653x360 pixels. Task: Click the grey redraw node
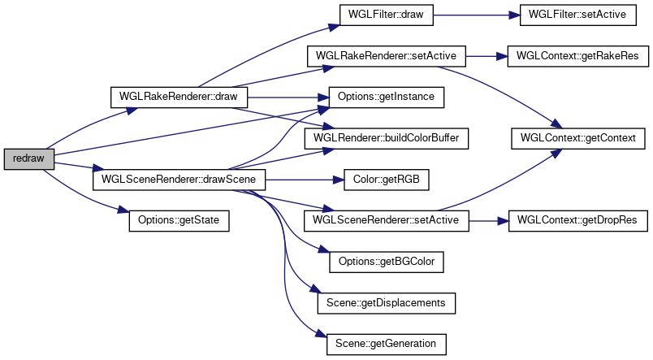coord(29,158)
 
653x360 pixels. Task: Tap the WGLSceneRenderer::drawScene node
coord(179,179)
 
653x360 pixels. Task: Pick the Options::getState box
coord(179,220)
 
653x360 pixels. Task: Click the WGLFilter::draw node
coord(379,15)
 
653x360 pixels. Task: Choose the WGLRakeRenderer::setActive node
coord(386,56)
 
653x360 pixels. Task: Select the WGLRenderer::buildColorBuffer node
coord(386,138)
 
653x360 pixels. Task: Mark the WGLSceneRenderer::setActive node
coord(386,220)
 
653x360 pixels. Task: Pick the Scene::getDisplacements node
coord(386,302)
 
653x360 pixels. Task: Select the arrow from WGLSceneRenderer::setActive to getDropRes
coord(488,220)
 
